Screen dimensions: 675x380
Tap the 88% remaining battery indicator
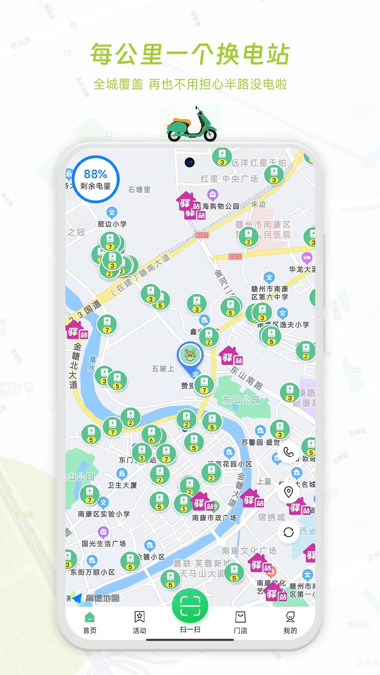click(x=95, y=179)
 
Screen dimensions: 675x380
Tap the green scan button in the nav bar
click(x=190, y=606)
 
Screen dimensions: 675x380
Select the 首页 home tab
click(x=90, y=622)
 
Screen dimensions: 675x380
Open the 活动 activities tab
click(x=139, y=622)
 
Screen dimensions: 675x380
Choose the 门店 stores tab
click(x=240, y=622)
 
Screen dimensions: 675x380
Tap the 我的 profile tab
click(x=290, y=622)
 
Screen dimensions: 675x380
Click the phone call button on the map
click(x=289, y=452)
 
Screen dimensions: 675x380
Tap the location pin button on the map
click(x=289, y=492)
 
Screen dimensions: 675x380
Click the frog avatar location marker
click(x=190, y=355)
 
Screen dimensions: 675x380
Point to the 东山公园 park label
click(x=241, y=400)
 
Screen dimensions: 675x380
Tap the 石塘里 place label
click(x=139, y=190)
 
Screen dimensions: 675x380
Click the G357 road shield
click(x=202, y=235)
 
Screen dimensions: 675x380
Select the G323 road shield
click(x=235, y=257)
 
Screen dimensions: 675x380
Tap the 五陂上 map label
click(x=163, y=369)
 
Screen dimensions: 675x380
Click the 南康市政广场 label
click(x=214, y=518)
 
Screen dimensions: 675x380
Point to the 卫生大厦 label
click(x=122, y=486)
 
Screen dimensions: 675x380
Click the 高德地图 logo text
click(x=102, y=598)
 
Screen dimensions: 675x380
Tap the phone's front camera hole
click(x=190, y=162)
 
